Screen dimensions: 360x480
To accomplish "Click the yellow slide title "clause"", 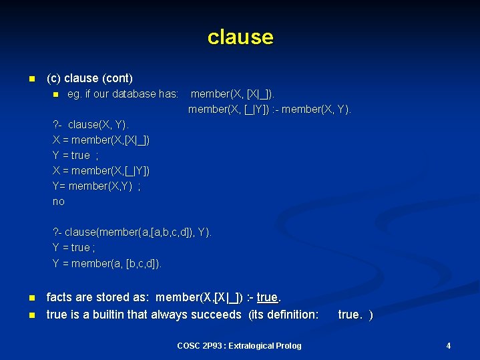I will tap(240, 37).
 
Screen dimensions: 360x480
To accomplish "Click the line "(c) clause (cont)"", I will tap(89, 78).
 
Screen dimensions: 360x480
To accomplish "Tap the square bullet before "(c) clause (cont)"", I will tap(31, 79).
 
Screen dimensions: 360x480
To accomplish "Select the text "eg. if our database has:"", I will tap(123, 94).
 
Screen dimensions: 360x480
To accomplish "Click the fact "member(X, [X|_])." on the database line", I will tap(232, 94).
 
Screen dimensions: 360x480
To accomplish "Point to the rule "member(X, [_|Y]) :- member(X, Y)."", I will tap(270, 109).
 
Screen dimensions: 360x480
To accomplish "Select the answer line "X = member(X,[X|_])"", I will tap(101, 140).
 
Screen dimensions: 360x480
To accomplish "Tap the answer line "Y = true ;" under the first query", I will tap(75, 156).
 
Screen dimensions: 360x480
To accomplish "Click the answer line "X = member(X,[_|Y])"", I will tap(101, 171).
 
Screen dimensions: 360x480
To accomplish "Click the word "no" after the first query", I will tap(59, 201).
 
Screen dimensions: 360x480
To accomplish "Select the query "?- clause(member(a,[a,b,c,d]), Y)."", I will tap(132, 232).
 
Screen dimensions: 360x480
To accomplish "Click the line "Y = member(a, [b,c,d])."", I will tap(107, 263).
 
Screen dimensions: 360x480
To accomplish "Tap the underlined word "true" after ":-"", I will tap(267, 297).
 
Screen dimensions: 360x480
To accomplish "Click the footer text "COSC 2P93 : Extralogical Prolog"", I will tap(239, 345).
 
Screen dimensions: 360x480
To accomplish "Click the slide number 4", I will tap(448, 345).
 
